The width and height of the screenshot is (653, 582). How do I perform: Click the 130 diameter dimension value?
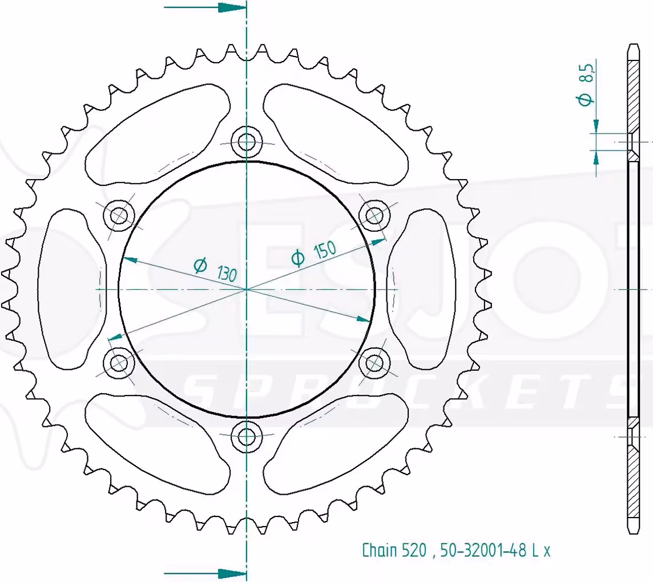[227, 273]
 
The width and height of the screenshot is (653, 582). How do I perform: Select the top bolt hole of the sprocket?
[247, 142]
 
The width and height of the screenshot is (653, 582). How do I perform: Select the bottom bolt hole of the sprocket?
[247, 436]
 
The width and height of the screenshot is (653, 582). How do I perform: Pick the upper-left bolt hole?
[119, 215]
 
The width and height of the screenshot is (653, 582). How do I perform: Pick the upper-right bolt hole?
[375, 215]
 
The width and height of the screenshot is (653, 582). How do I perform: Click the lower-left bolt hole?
[119, 362]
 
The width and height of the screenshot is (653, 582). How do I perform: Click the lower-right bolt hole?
[375, 362]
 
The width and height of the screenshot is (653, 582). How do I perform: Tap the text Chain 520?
[394, 551]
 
